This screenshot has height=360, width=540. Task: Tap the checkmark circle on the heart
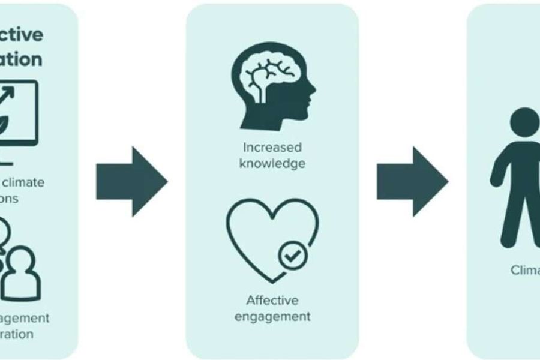293,257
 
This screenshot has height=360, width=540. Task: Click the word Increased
272,147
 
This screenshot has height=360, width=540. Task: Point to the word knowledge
272,163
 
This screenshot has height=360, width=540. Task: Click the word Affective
272,300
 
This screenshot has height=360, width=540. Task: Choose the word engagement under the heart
272,316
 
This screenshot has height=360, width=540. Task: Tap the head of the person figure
526,124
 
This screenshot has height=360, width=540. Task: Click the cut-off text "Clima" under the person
525,270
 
